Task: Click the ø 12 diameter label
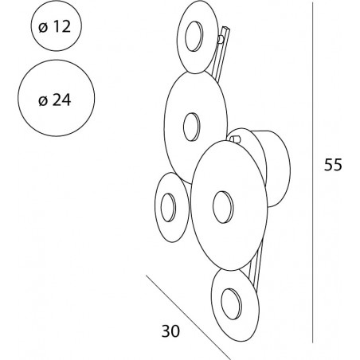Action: (55, 26)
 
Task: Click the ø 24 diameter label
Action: (55, 100)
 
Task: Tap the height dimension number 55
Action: (333, 165)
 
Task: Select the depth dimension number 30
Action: (170, 331)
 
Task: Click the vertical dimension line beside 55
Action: (312, 173)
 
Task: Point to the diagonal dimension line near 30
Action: (188, 317)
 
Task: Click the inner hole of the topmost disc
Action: (194, 36)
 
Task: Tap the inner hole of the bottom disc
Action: (231, 303)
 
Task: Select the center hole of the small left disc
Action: (168, 207)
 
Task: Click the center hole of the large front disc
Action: (223, 207)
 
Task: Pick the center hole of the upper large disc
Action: (191, 127)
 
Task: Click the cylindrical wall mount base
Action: (276, 169)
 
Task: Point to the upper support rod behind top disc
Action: (221, 54)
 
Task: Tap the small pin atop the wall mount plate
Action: (235, 139)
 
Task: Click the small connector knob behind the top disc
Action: (221, 39)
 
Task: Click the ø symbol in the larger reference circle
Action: (43, 100)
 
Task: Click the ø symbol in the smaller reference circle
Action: (43, 27)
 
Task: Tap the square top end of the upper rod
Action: (227, 28)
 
